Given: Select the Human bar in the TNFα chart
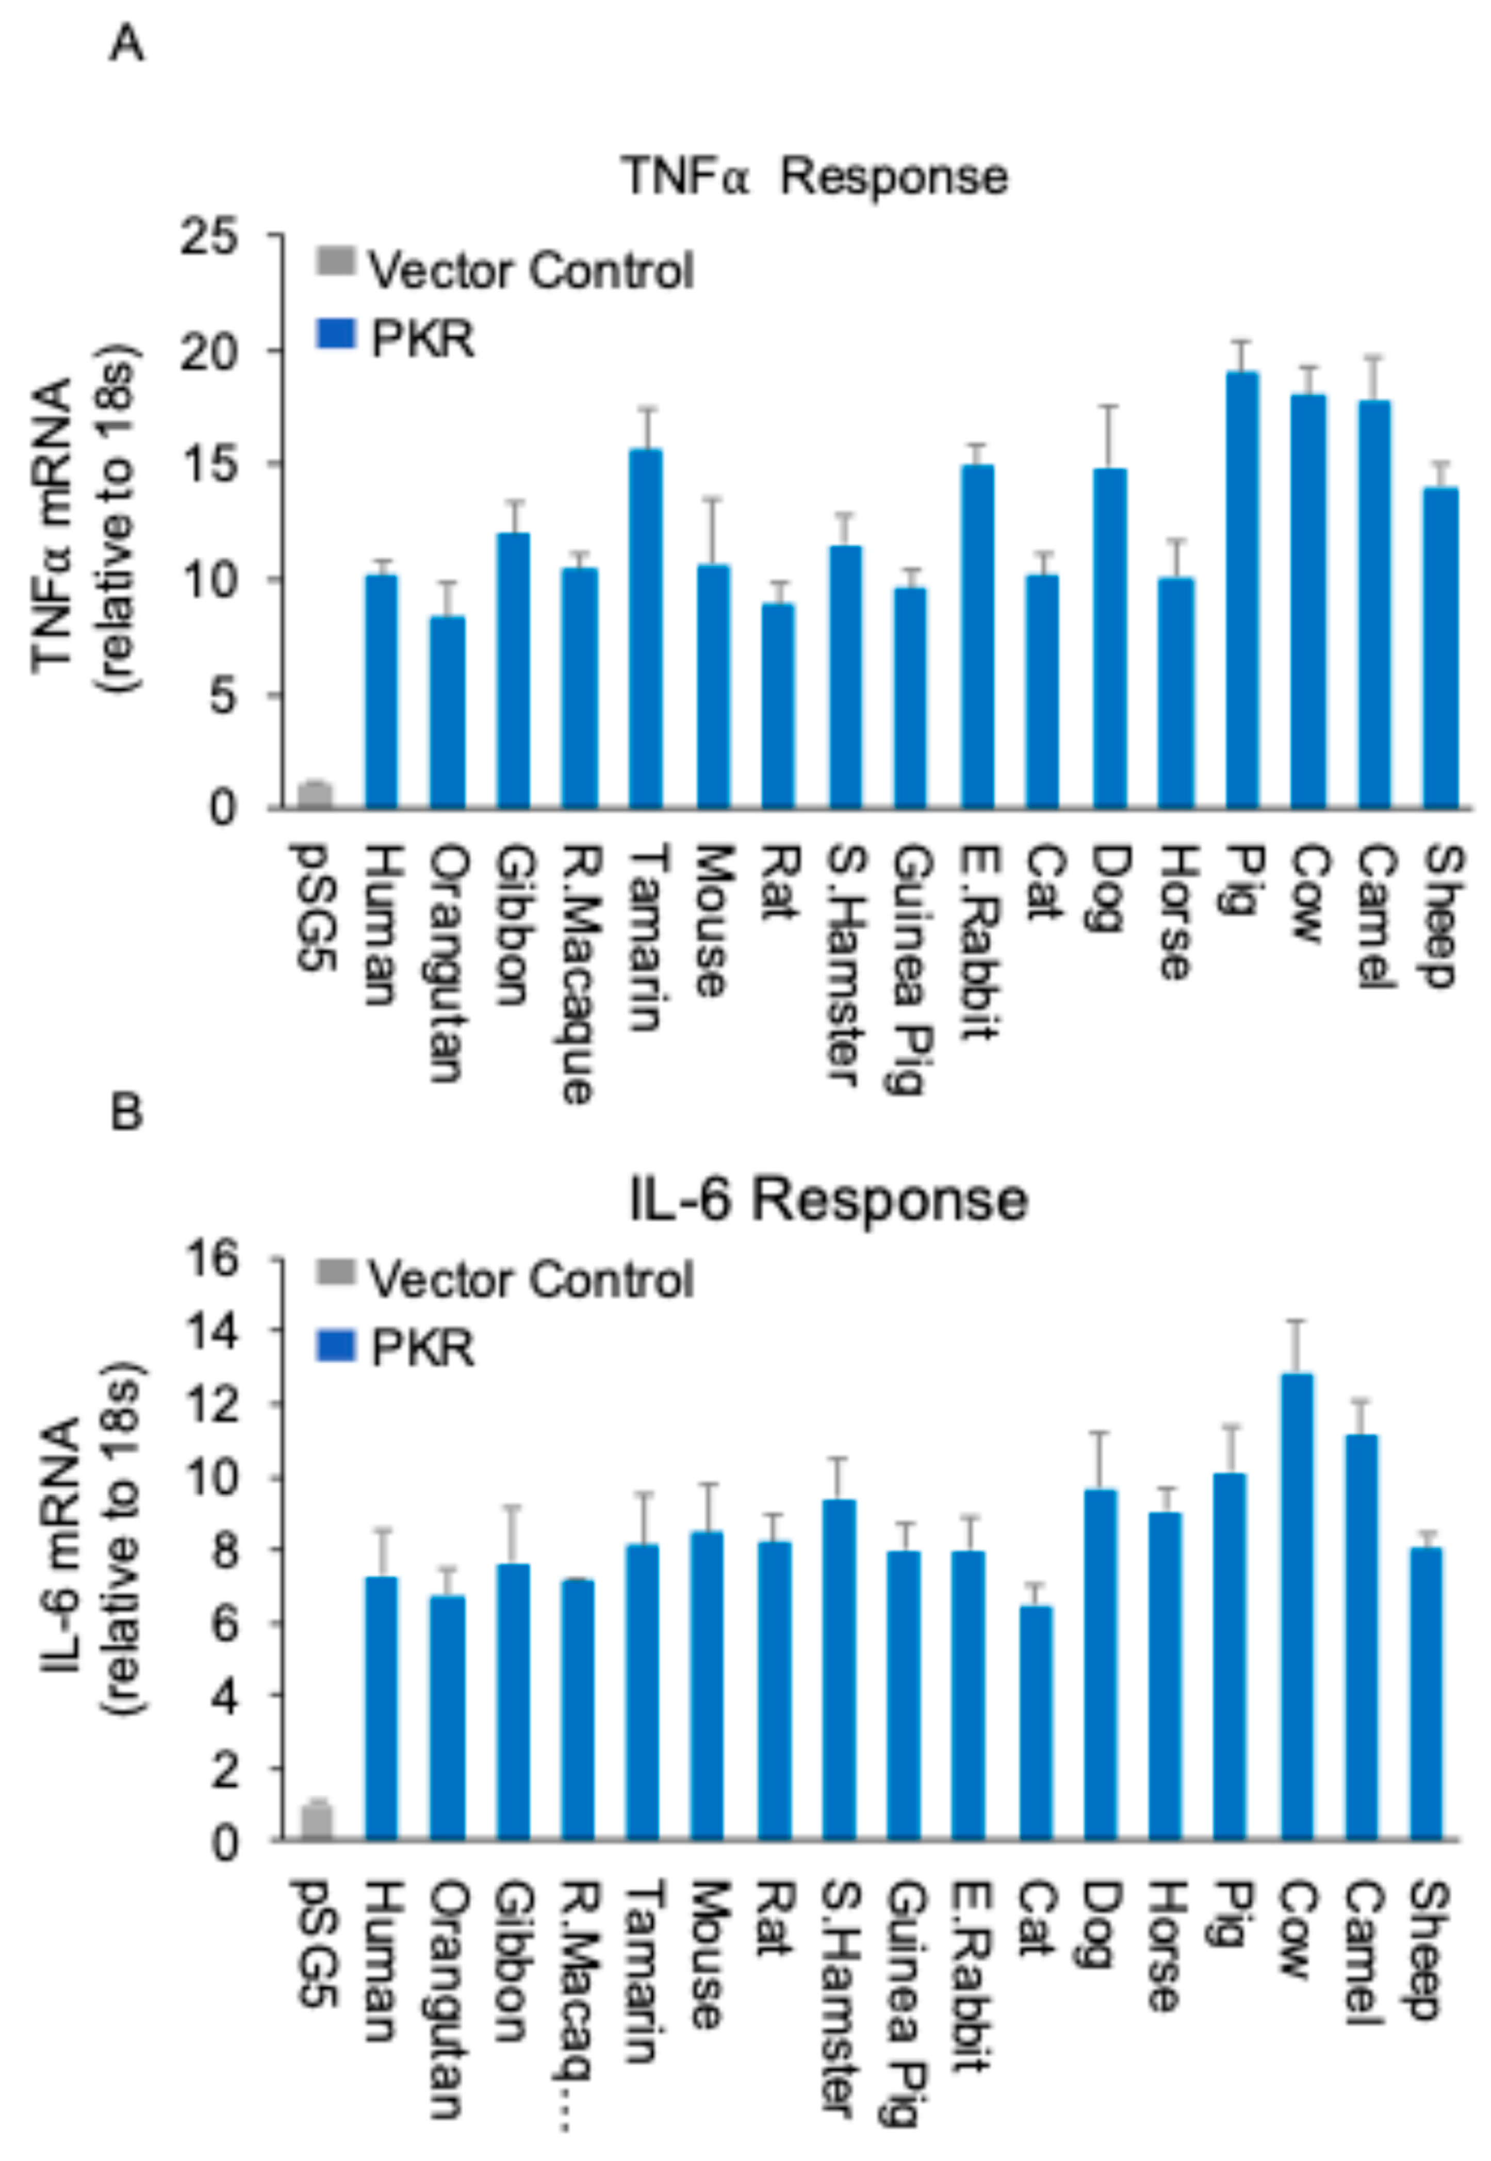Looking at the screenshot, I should click(381, 692).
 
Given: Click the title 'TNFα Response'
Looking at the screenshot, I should click(815, 176).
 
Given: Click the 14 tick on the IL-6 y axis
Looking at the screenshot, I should click(213, 1331).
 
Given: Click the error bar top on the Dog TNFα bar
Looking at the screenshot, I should click(1110, 406).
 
